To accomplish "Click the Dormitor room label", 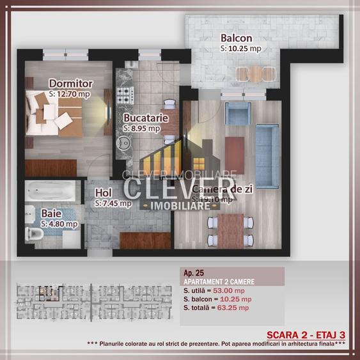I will tap(71, 84).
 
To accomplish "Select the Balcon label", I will tap(236, 38).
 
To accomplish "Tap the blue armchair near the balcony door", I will tap(238, 113).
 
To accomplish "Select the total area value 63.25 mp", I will tap(234, 308).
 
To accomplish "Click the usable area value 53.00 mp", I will tap(231, 290).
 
